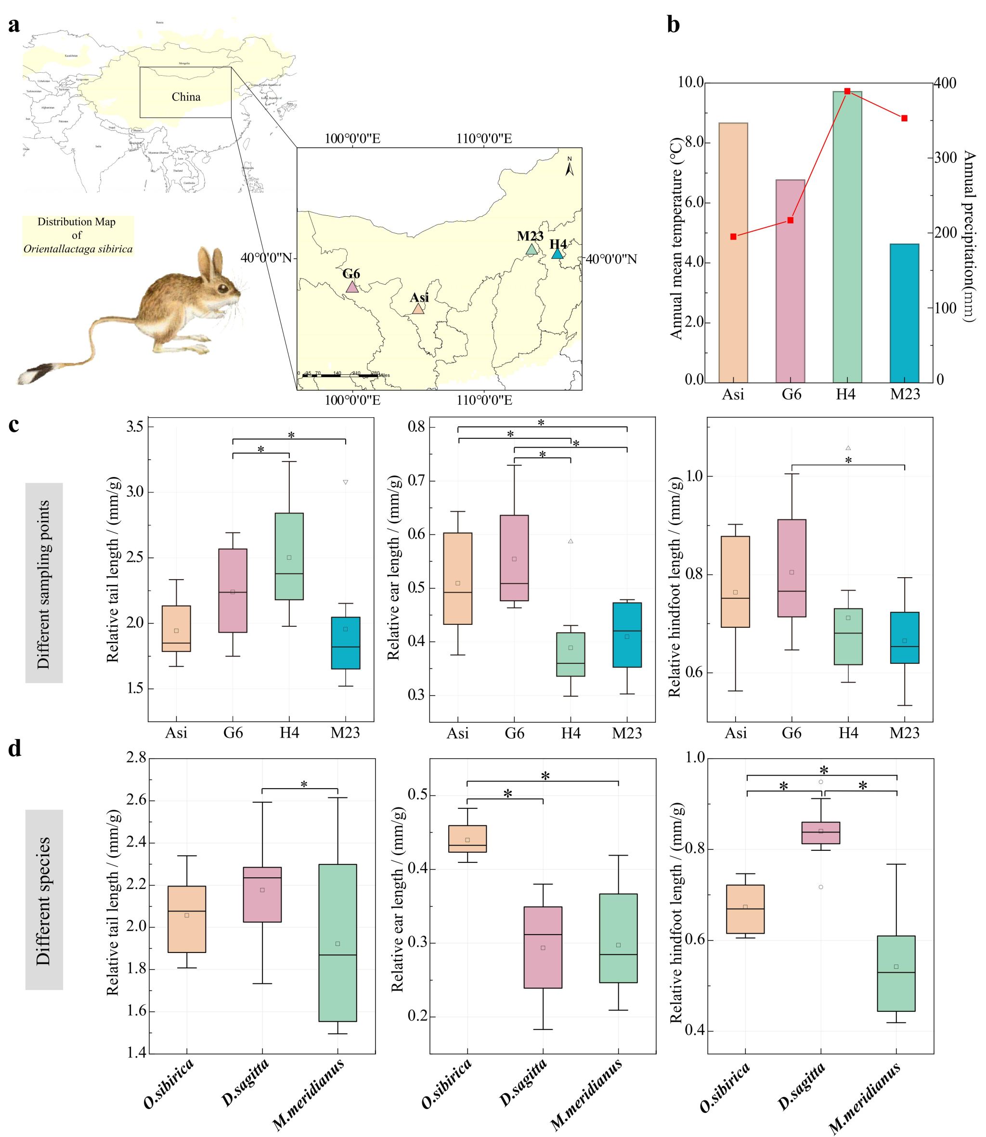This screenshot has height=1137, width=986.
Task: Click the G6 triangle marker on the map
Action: [351, 287]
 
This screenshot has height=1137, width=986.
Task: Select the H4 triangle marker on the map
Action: [558, 254]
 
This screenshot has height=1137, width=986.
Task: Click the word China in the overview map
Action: [186, 97]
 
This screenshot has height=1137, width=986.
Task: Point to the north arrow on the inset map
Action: [570, 166]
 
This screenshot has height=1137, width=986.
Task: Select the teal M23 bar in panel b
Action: [904, 313]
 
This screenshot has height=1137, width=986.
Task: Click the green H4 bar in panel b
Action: [847, 237]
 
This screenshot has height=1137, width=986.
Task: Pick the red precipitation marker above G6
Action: [791, 220]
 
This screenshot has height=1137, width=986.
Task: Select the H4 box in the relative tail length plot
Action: [289, 556]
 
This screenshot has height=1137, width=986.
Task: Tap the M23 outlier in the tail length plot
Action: [346, 482]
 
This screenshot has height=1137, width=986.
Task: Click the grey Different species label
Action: [44, 899]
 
